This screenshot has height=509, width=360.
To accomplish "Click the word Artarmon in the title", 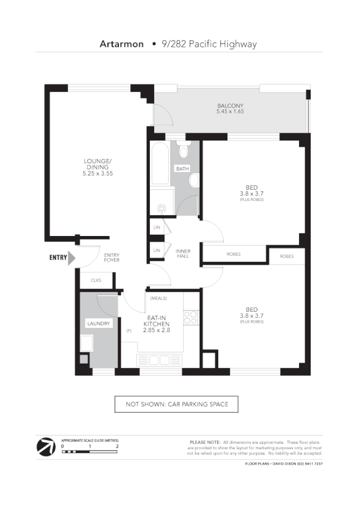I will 121,44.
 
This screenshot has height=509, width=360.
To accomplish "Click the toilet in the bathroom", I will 183,151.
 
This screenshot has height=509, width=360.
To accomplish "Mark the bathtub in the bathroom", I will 159,163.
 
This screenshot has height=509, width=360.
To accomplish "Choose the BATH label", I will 182,168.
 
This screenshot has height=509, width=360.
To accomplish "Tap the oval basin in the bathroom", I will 194,180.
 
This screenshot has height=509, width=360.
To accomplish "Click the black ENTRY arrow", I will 71,258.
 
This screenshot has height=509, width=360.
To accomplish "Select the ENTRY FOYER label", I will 112,258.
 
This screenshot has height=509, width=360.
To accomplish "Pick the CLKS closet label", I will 96,280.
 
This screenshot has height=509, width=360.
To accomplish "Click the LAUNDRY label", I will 98,324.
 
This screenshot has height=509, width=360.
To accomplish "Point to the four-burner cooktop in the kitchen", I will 190,317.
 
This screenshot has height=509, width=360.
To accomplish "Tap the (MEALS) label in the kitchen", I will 158,298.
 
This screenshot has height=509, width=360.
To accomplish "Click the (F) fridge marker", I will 129,331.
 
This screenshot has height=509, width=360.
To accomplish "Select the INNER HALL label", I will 183,253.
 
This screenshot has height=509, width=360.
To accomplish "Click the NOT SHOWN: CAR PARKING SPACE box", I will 176,404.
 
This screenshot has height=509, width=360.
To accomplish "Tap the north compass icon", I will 45,446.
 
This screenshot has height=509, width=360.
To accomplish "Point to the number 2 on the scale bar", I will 117,446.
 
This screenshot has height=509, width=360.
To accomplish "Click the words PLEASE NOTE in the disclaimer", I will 205,442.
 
